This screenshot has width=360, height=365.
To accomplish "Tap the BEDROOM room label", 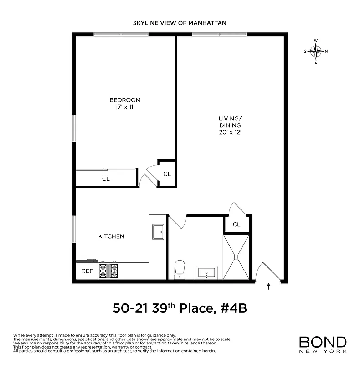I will click(x=125, y=100).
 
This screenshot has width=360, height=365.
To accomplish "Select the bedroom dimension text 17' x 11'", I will click(x=125, y=107).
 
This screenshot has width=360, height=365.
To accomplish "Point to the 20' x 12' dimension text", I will click(x=229, y=132).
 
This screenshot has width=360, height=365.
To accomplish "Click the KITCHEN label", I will click(x=112, y=236).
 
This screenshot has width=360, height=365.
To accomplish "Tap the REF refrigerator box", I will click(x=87, y=271).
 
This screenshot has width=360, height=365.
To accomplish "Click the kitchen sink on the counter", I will click(x=158, y=232).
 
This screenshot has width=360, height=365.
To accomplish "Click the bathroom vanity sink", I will click(x=207, y=273).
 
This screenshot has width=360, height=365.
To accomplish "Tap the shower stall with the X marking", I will click(x=237, y=257).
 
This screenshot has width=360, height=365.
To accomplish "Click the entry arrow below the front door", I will click(x=268, y=287).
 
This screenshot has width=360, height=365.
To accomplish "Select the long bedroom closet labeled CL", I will click(x=106, y=178).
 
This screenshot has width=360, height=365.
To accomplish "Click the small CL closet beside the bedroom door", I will click(x=167, y=174).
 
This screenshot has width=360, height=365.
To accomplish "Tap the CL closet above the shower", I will click(x=237, y=224).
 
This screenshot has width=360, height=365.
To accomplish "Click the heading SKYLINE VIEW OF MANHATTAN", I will click(x=180, y=22).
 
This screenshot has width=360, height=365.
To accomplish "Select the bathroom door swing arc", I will click(x=178, y=222).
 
